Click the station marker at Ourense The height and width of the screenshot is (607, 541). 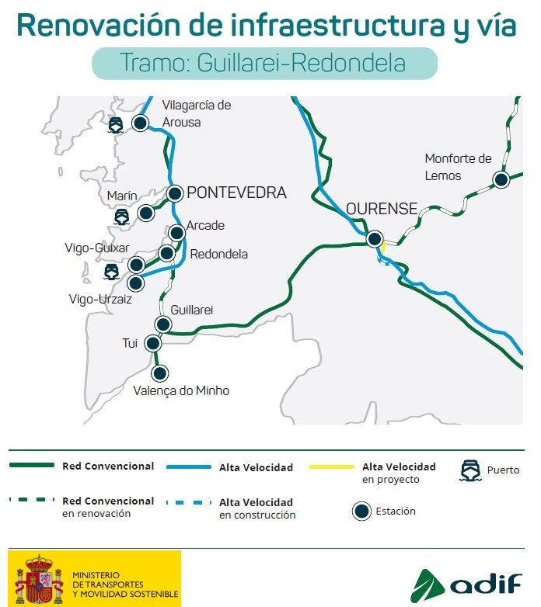coord(375,239)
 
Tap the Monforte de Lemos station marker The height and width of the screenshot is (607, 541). coord(501,180)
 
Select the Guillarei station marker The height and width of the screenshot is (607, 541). coord(163,324)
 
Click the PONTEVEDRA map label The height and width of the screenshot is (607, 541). coord(236,193)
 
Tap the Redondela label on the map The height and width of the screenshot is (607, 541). coord(218,254)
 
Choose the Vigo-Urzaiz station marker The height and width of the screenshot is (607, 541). coord(136,283)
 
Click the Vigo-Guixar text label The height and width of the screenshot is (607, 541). coord(97,248)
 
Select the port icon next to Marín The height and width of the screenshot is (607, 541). coord(122,217)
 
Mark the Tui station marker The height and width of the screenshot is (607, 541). coord(153,342)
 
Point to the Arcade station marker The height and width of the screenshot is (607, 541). coord(176,232)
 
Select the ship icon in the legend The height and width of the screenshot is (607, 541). coord(471,470)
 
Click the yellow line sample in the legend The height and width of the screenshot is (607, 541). coord(331,467)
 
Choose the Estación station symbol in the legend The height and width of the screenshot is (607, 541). coord(361,512)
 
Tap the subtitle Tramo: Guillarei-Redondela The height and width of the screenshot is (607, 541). coord(264,63)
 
